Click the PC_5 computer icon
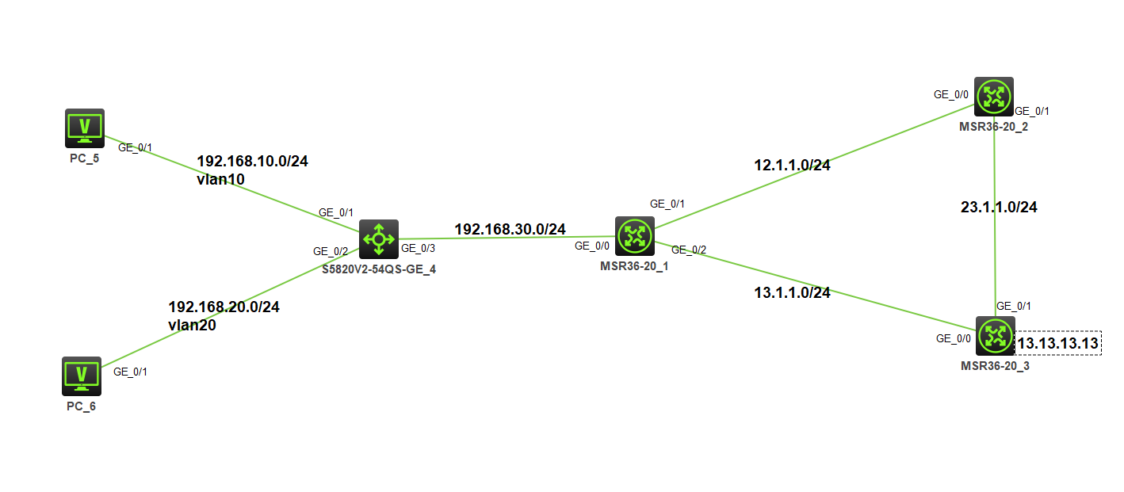[x=84, y=128]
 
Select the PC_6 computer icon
[x=82, y=376]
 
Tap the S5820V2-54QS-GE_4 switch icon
[x=379, y=239]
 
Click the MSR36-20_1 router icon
[x=634, y=235]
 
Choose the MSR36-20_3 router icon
[x=994, y=336]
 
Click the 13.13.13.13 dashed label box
[x=1058, y=343]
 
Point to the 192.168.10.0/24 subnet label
[x=252, y=162]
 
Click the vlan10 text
[x=220, y=179]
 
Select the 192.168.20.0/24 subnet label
[x=224, y=307]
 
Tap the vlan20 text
[x=192, y=324]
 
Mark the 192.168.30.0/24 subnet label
[x=510, y=229]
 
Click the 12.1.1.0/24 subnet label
[x=792, y=166]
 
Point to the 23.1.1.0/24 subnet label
[x=999, y=208]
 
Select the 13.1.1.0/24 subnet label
[x=792, y=292]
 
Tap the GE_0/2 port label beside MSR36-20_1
[x=688, y=250]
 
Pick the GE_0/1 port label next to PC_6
[x=130, y=371]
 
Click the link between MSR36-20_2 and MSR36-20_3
[x=995, y=238]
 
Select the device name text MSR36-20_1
[x=634, y=266]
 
